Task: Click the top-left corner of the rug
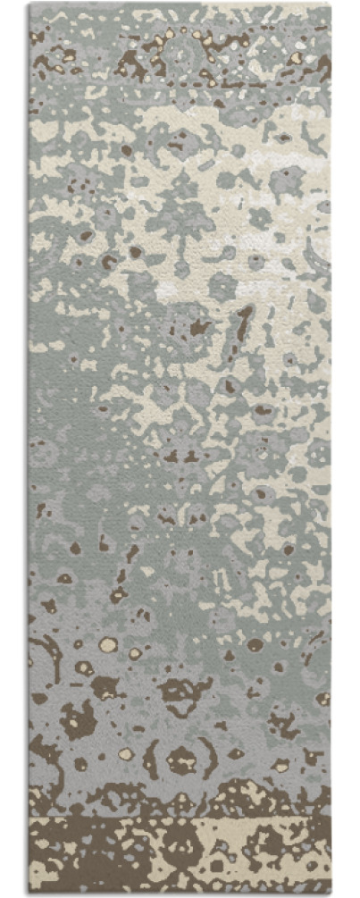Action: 29,4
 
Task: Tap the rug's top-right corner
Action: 330,4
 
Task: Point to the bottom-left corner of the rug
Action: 29,893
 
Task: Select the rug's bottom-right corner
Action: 330,893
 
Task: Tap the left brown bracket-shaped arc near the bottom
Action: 153,759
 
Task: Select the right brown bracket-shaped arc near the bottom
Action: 212,759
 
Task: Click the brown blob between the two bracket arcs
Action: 182,760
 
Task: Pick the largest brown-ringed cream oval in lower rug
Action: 109,644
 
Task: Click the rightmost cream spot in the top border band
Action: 295,58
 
